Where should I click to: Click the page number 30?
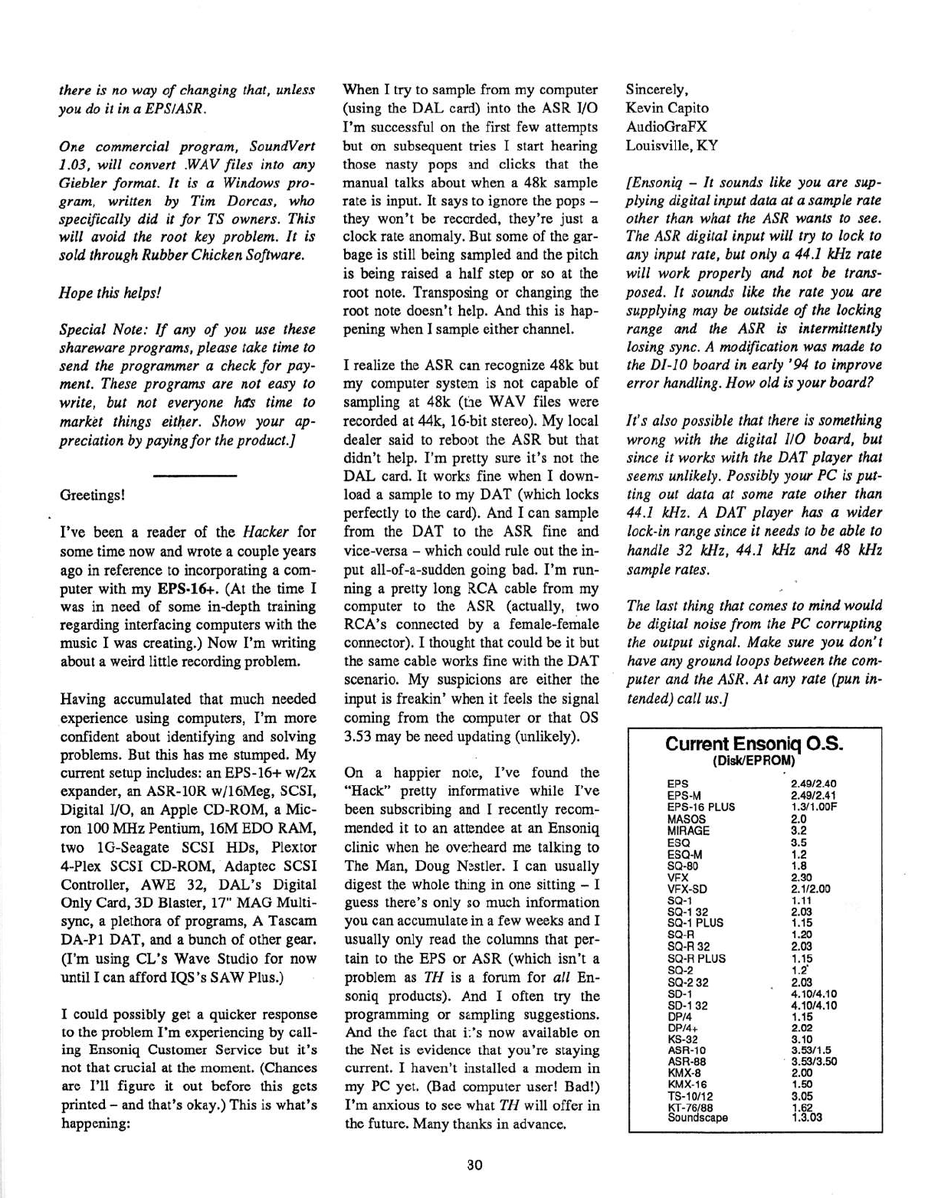click(x=474, y=1166)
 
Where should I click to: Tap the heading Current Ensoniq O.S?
click(x=754, y=745)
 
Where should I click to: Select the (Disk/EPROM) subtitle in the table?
click(x=754, y=761)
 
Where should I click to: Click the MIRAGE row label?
click(x=688, y=830)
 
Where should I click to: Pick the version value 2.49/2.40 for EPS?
click(x=813, y=784)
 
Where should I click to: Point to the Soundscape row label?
click(x=697, y=1118)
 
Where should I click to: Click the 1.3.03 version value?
click(x=806, y=1118)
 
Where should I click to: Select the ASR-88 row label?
click(x=687, y=1062)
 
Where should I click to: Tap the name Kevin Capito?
click(x=667, y=108)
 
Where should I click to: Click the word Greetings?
click(x=92, y=495)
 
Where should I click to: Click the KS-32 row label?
click(x=682, y=1039)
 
